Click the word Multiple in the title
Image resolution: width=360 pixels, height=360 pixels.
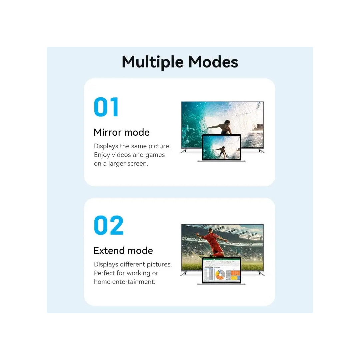152,62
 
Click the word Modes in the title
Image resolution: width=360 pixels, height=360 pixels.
213,62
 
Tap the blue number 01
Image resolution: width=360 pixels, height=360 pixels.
106,107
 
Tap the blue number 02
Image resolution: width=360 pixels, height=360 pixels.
109,225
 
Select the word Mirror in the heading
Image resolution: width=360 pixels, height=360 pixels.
108,132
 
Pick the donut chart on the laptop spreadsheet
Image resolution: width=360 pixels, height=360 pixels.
220,275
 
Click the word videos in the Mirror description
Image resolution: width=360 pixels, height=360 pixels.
121,155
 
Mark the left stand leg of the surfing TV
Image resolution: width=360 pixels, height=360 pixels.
184,150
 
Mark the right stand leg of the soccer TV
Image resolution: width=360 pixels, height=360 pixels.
261,273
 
